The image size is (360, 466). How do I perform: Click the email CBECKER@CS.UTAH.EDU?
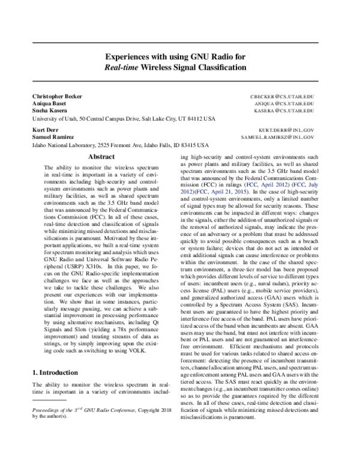[x=282, y=96]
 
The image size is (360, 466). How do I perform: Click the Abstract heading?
[x=101, y=156]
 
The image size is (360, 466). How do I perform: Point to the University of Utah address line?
[x=122, y=118]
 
